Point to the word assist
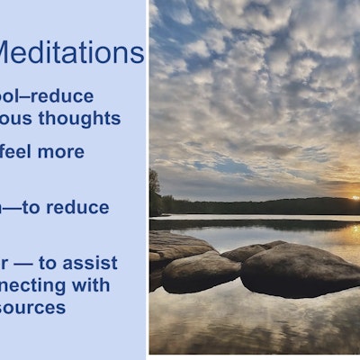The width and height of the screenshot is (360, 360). point(91,263)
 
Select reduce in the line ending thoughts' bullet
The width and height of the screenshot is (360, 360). point(62,95)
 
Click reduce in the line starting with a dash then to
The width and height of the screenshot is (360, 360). point(78,207)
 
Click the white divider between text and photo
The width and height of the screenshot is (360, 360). point(148,180)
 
